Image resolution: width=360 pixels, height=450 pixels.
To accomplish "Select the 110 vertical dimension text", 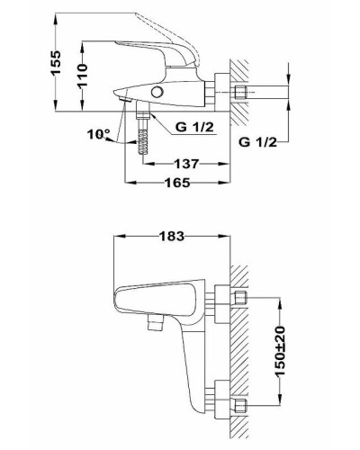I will click(80, 76).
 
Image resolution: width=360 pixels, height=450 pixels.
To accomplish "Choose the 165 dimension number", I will click(177, 184).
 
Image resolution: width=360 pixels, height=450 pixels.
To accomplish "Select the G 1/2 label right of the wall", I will click(258, 141).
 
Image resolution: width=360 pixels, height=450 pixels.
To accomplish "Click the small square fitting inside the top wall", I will click(240, 93).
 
